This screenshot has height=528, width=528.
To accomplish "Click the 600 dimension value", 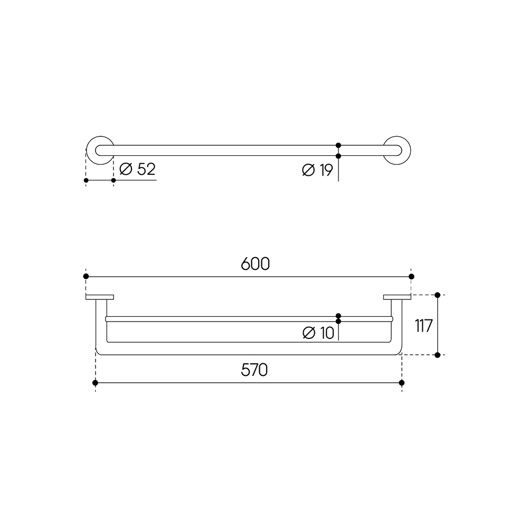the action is (x=255, y=264).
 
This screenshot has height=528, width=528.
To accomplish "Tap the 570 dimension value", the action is (x=254, y=370).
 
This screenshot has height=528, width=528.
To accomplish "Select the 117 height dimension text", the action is (x=423, y=326).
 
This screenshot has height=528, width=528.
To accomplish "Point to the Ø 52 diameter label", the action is (x=137, y=169).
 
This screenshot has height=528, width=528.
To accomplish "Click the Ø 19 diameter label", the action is (x=317, y=170).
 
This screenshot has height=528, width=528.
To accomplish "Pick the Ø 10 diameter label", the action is (x=318, y=333).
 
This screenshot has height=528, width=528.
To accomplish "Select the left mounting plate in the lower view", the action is (x=100, y=297).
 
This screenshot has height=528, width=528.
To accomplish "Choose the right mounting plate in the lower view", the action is (x=397, y=297).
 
